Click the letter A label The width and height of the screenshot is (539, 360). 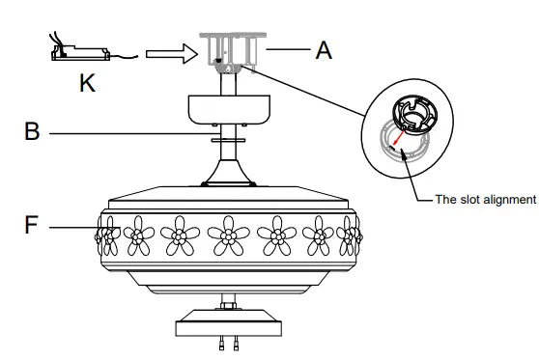323,48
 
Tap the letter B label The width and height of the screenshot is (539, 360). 31,130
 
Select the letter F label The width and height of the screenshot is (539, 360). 31,228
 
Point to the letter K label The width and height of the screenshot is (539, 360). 87,83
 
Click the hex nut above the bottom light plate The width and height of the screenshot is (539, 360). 228,306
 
